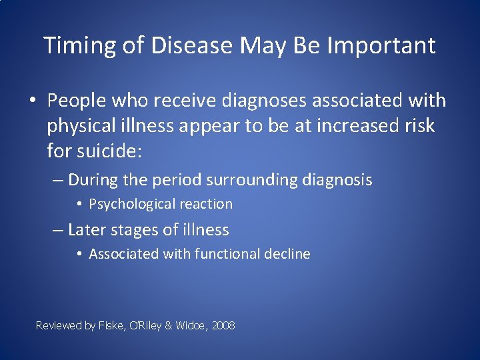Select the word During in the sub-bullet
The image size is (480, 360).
92,180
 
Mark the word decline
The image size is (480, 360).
288,254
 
